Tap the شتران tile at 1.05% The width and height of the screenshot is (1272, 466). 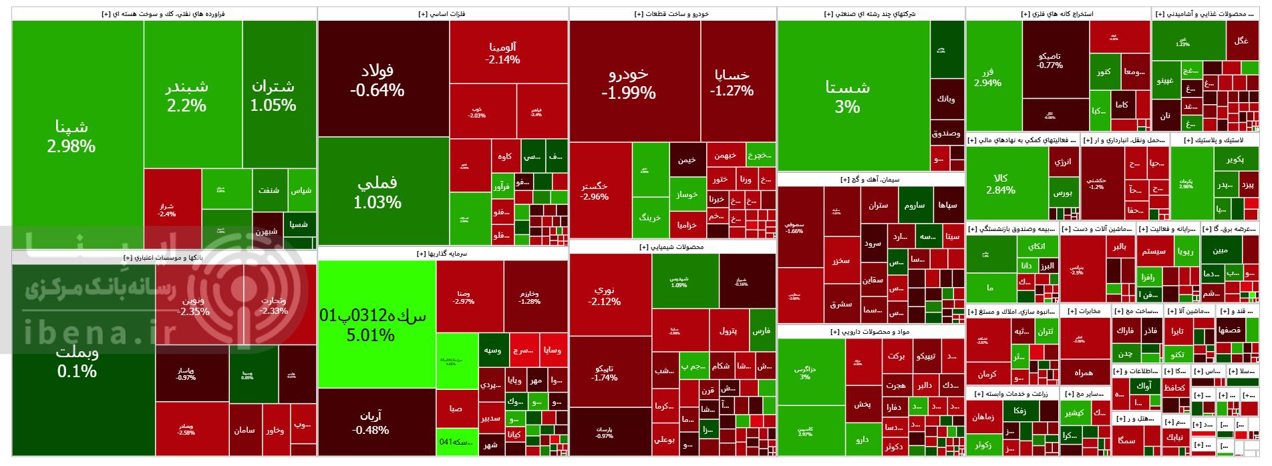(273, 95)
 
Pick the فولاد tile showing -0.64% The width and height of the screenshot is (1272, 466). (377, 79)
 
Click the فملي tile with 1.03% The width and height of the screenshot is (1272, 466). (377, 192)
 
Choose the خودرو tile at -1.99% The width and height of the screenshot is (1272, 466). (628, 83)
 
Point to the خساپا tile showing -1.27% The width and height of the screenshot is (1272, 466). (732, 83)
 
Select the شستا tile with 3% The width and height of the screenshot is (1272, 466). (847, 96)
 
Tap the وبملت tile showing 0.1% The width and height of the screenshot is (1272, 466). (77, 361)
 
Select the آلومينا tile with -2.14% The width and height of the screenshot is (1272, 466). (502, 53)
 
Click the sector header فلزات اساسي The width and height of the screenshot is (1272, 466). (442, 13)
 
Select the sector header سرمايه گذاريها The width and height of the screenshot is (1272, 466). (442, 254)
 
